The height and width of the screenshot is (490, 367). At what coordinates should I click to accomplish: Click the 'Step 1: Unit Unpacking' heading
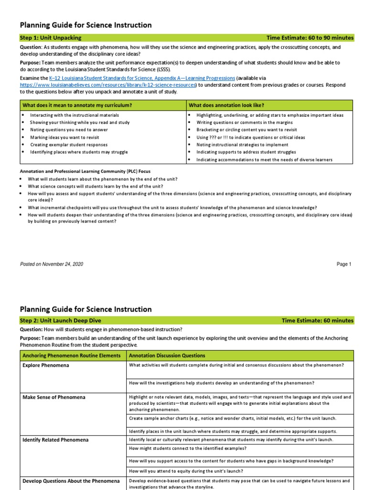(51, 38)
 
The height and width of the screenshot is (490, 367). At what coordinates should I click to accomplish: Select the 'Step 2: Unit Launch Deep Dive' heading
(60, 321)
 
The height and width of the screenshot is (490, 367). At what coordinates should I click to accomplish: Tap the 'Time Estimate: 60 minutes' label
(317, 321)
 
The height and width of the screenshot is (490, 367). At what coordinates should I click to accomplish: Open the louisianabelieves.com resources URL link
(108, 85)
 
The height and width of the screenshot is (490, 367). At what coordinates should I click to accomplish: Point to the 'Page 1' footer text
(344, 264)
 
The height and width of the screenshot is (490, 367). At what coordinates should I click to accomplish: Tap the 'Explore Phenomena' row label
(46, 366)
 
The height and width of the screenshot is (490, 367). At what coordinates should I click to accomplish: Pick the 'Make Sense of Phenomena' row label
(54, 397)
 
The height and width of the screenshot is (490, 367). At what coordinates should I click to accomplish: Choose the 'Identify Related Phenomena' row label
(55, 439)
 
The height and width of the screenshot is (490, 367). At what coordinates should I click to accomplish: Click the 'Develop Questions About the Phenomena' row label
(71, 480)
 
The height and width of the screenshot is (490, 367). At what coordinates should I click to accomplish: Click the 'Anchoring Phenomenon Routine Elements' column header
(72, 356)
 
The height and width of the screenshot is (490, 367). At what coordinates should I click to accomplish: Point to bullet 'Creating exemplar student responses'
(69, 145)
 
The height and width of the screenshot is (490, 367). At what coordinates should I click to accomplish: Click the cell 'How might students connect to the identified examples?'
(188, 448)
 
